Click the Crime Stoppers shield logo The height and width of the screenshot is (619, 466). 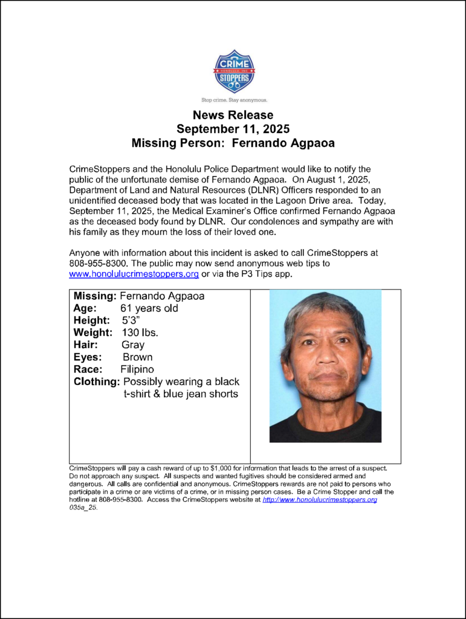[234, 71]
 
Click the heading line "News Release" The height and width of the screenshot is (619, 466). [233, 115]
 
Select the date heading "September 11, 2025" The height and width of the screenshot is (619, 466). [233, 129]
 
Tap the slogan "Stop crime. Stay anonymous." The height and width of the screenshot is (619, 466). [234, 99]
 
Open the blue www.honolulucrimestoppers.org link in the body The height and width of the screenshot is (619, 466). [134, 274]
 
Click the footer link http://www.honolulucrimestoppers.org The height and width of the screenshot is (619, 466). [320, 500]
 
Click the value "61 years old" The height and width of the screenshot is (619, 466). [149, 308]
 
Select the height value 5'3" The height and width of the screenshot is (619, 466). [133, 320]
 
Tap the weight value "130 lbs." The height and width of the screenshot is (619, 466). [140, 332]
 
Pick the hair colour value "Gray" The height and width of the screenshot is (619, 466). [133, 345]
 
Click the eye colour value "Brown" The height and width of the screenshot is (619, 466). [137, 357]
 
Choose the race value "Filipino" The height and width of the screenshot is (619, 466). [137, 369]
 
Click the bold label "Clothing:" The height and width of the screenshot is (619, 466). [97, 381]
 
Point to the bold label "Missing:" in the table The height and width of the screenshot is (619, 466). [95, 296]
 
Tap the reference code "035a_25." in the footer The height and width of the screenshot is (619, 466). [83, 508]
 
